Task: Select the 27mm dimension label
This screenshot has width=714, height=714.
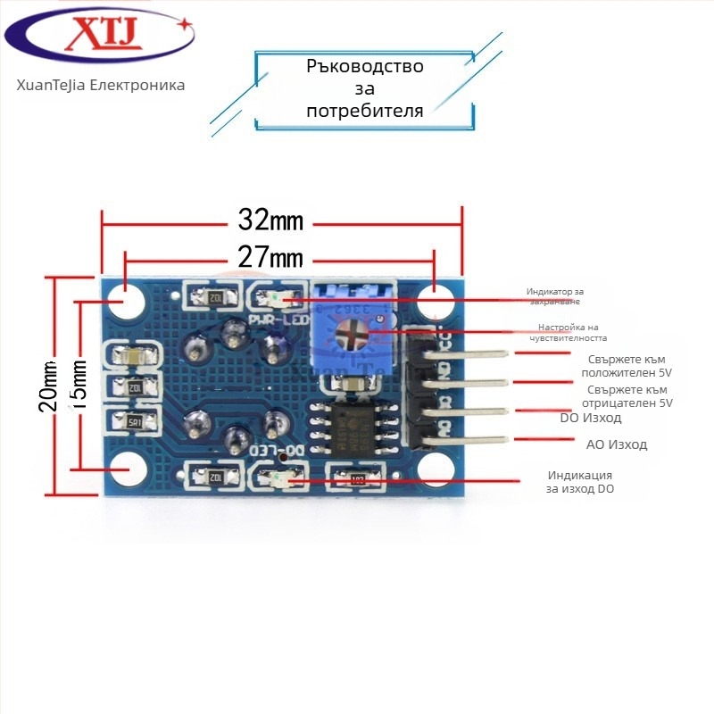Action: (x=270, y=259)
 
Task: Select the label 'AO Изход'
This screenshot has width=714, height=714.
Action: (x=616, y=444)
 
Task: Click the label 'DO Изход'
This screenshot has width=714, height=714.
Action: (x=590, y=418)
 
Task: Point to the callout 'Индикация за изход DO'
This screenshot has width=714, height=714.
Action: (x=580, y=482)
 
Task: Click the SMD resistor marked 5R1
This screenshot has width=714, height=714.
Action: (x=136, y=421)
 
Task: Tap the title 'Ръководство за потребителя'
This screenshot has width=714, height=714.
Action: (x=364, y=88)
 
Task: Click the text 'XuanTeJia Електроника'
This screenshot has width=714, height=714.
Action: (x=100, y=86)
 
